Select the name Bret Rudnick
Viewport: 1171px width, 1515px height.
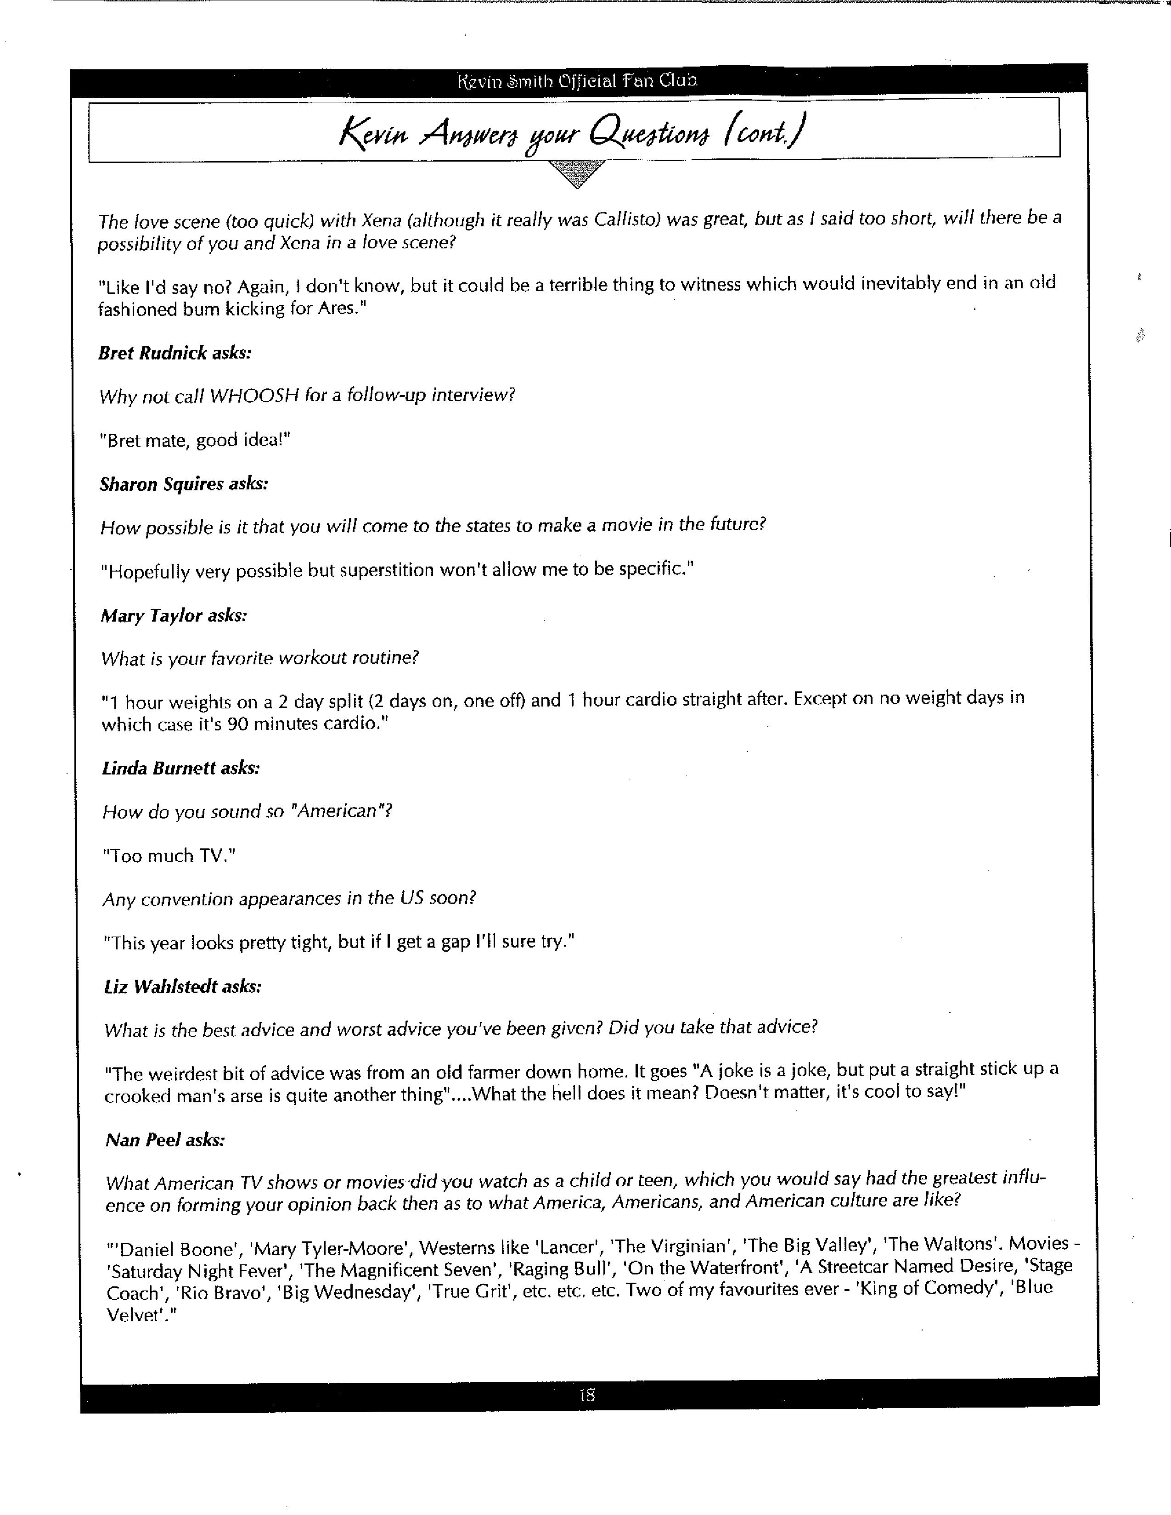tap(152, 353)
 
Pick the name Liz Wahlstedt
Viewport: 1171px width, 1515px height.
tap(161, 987)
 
